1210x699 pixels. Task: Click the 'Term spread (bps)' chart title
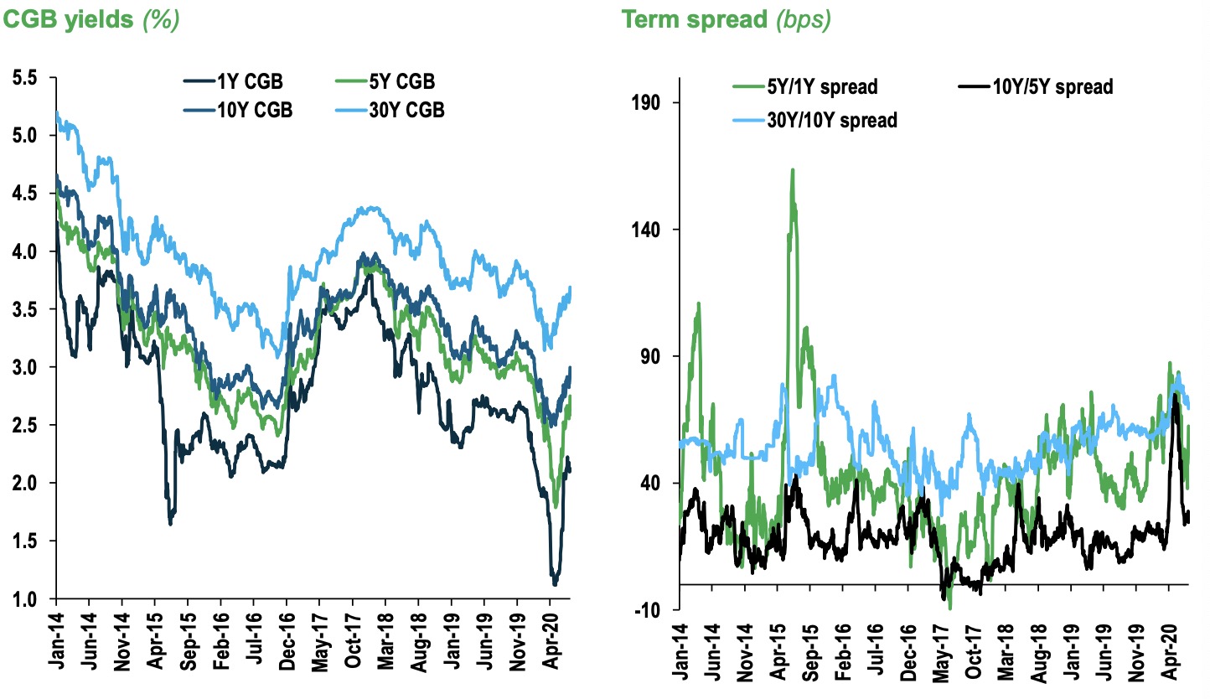coord(726,19)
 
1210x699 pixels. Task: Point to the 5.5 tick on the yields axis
coord(25,78)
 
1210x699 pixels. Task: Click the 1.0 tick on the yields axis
coord(25,599)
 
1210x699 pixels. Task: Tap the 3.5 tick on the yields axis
coord(25,310)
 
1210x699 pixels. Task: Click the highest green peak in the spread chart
coord(792,170)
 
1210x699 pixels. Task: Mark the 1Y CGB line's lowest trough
coord(555,583)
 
